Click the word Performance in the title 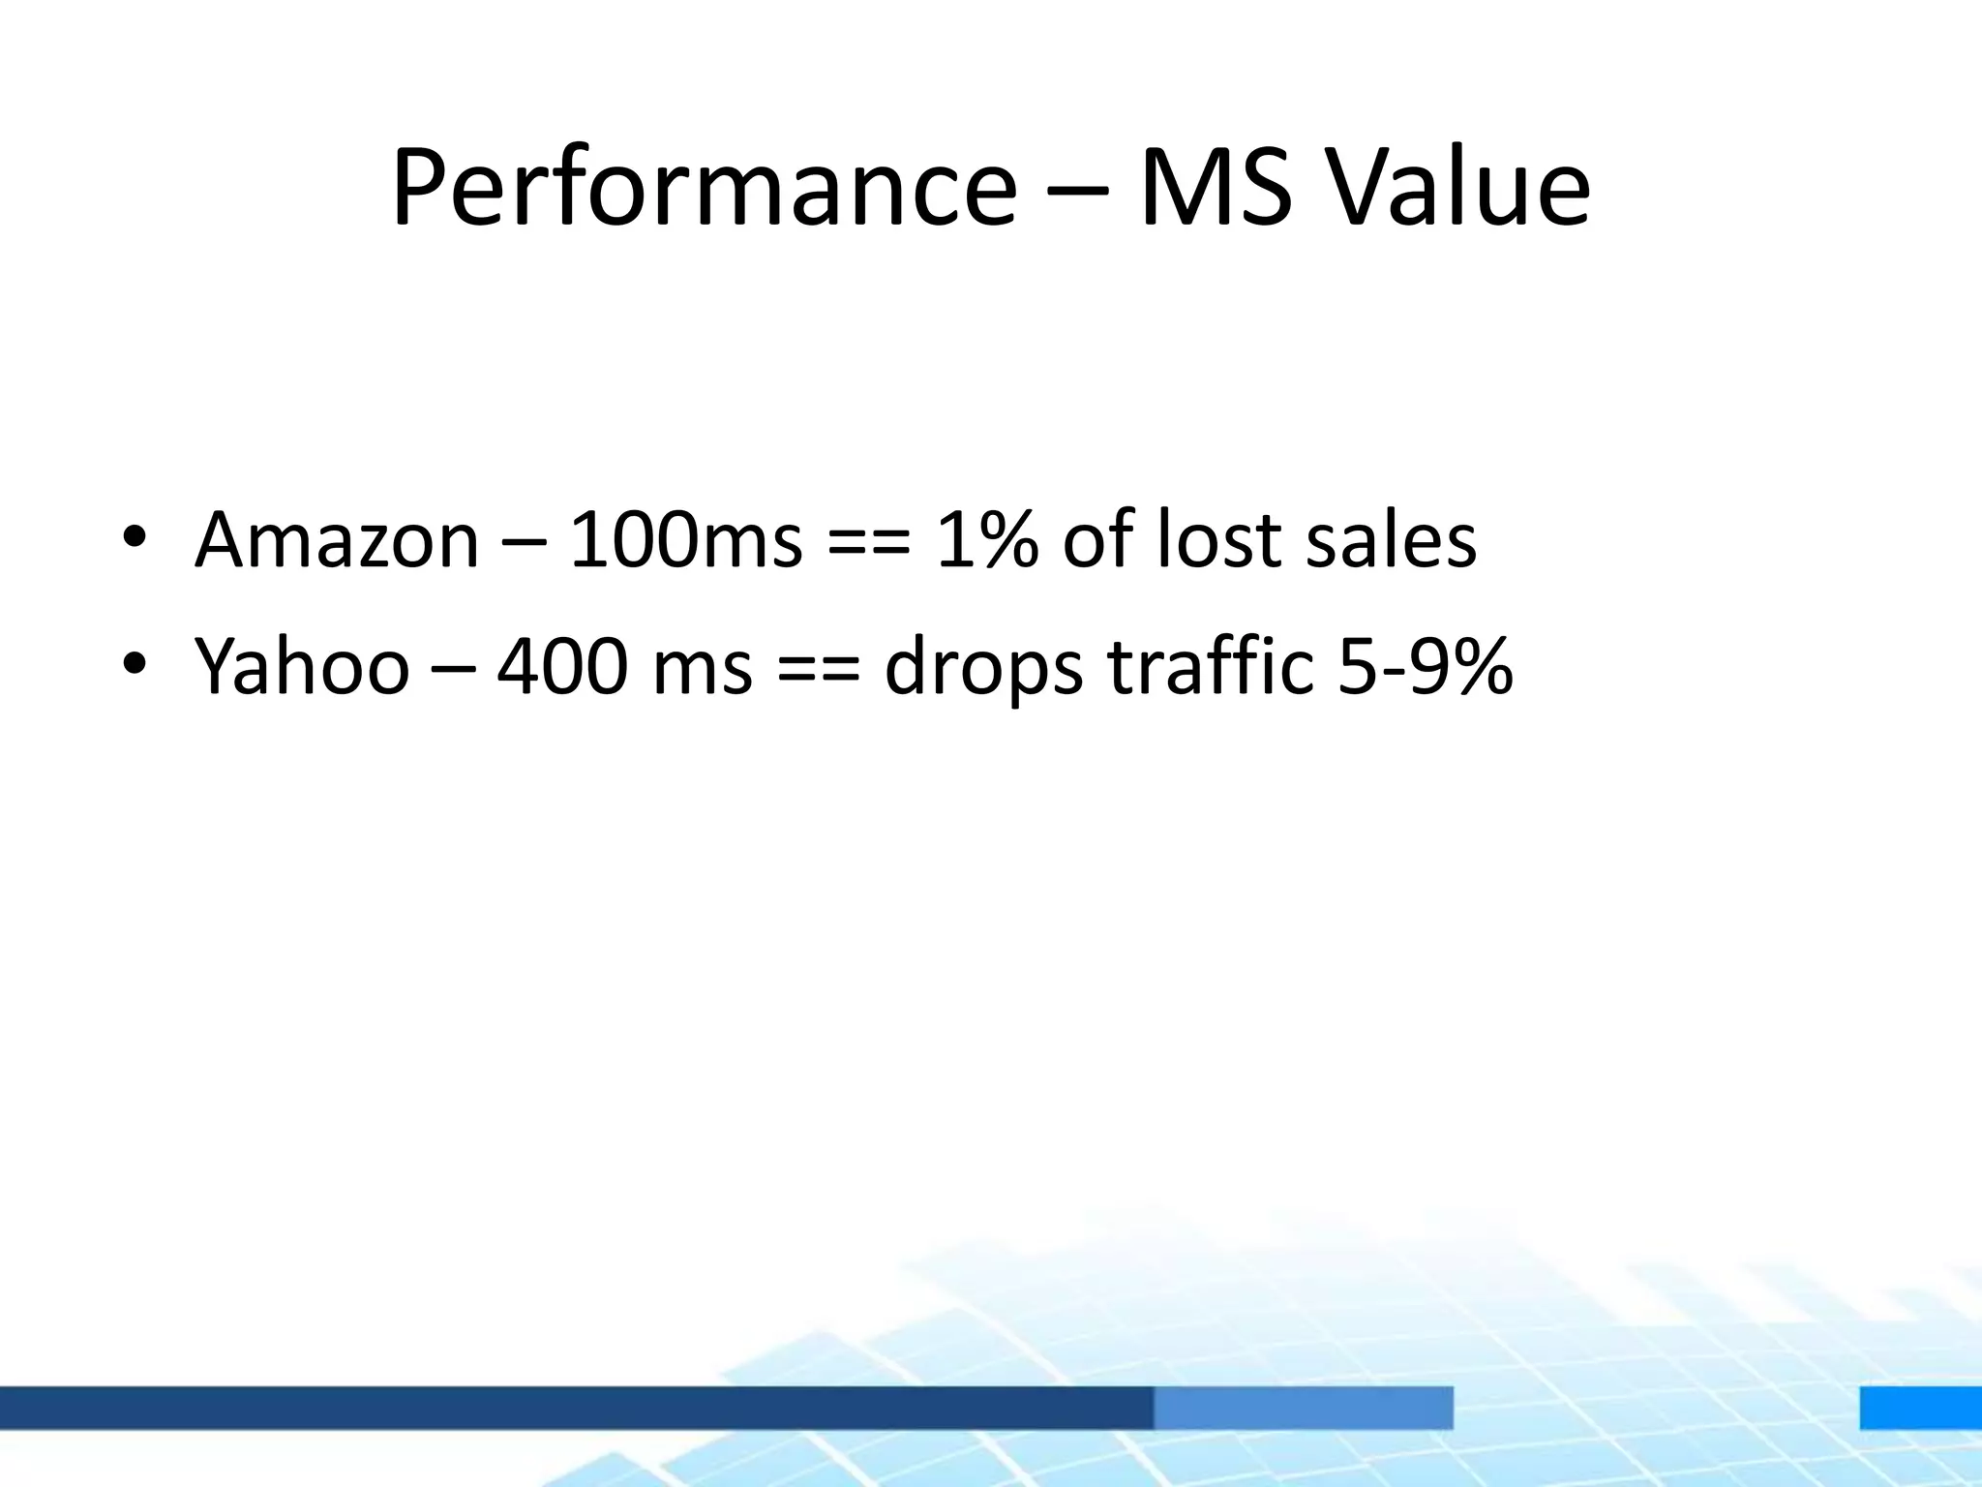[704, 189]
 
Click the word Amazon [337, 540]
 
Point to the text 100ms [686, 540]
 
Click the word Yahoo [302, 666]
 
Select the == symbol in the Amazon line [869, 542]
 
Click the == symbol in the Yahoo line [818, 669]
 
